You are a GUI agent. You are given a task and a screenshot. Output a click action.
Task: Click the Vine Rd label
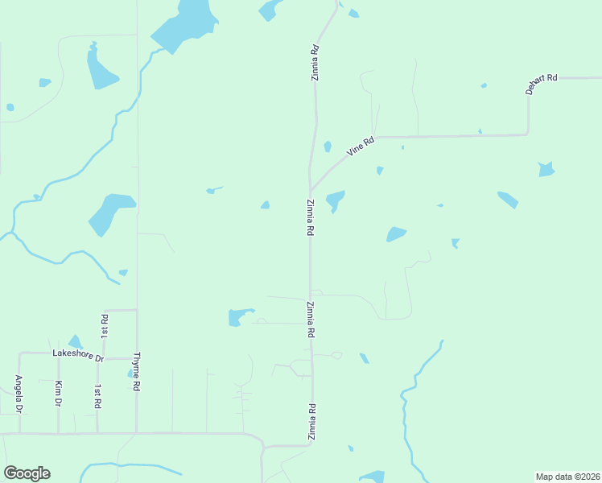point(361,147)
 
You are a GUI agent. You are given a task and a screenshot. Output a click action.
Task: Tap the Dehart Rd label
point(542,84)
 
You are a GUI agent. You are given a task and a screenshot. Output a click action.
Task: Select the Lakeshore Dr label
point(78,354)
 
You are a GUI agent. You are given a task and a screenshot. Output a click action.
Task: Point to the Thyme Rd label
point(137,371)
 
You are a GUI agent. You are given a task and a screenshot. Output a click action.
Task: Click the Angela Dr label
point(18,393)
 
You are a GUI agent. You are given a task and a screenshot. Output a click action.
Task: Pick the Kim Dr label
point(58,393)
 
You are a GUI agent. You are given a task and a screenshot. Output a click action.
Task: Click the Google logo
point(27,473)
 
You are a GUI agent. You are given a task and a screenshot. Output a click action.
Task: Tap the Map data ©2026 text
point(567,477)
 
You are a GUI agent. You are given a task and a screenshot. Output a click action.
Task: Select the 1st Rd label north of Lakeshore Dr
point(104,325)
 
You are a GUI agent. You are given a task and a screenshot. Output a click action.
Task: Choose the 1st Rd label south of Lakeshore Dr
point(97,394)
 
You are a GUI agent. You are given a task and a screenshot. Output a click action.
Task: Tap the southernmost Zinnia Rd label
point(311,422)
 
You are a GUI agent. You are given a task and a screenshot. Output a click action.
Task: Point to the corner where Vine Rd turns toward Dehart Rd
point(528,134)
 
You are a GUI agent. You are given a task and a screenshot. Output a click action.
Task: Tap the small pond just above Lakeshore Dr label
point(75,342)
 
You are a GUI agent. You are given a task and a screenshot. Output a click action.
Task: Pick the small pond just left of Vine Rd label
point(328,147)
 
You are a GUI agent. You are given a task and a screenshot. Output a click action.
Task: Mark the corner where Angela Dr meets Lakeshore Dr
point(20,353)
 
